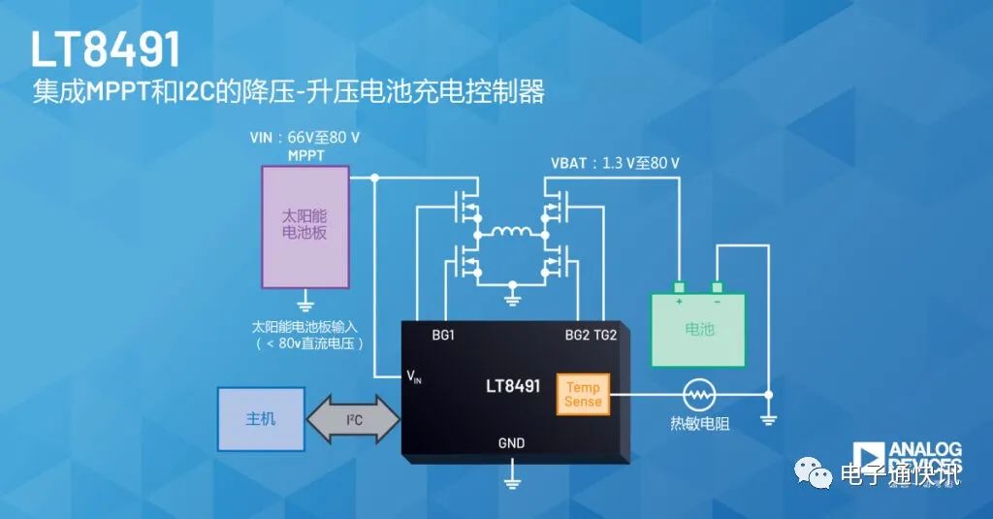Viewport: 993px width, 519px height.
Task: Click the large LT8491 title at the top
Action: [x=106, y=49]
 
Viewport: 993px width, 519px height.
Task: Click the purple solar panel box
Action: [x=305, y=226]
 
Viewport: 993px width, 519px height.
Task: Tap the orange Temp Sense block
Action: [x=583, y=394]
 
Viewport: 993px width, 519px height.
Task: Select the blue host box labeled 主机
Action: [x=261, y=419]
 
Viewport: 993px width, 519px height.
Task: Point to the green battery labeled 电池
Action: [x=698, y=329]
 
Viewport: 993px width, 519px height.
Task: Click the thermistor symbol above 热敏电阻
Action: [x=698, y=395]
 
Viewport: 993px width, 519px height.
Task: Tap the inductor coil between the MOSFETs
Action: [x=511, y=234]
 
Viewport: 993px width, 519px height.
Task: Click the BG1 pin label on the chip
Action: [x=443, y=336]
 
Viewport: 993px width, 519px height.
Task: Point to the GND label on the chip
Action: [x=511, y=443]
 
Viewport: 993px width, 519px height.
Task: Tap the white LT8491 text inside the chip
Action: [x=512, y=386]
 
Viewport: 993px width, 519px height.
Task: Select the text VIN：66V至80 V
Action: [x=304, y=139]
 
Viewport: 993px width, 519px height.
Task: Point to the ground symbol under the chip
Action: [x=511, y=478]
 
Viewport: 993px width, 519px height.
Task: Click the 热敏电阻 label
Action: [x=697, y=424]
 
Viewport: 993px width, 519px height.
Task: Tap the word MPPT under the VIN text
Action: [x=304, y=155]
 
